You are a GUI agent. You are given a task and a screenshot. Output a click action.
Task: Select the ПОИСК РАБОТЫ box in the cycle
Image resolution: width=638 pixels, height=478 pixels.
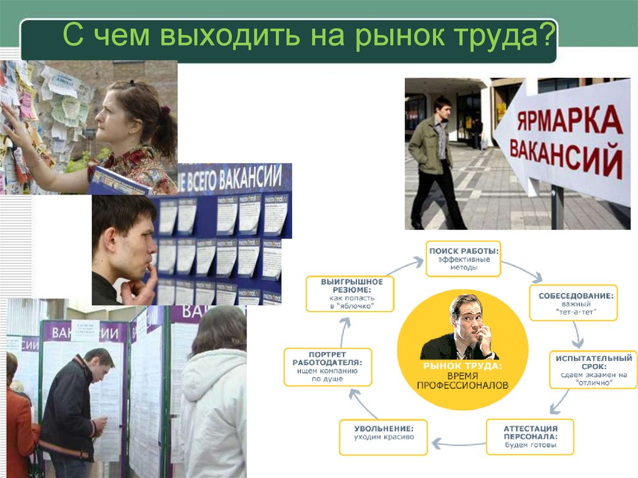tap(464, 258)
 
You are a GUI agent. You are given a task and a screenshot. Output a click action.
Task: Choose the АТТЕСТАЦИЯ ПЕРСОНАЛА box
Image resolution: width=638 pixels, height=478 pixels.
tap(530, 436)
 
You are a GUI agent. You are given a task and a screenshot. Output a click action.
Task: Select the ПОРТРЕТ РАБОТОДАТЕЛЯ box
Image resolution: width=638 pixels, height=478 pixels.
tap(328, 366)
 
